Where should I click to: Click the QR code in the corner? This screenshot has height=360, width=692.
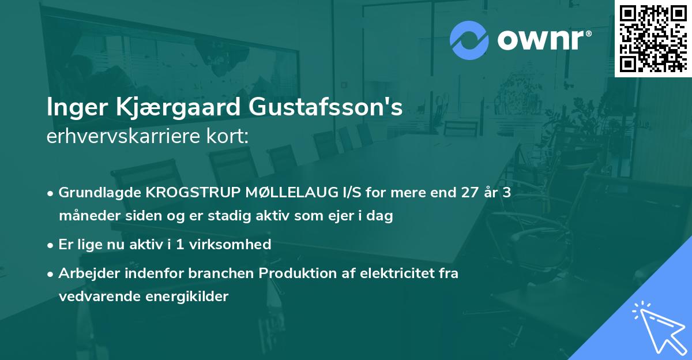(653, 39)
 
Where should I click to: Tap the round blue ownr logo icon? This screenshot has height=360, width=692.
(469, 40)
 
